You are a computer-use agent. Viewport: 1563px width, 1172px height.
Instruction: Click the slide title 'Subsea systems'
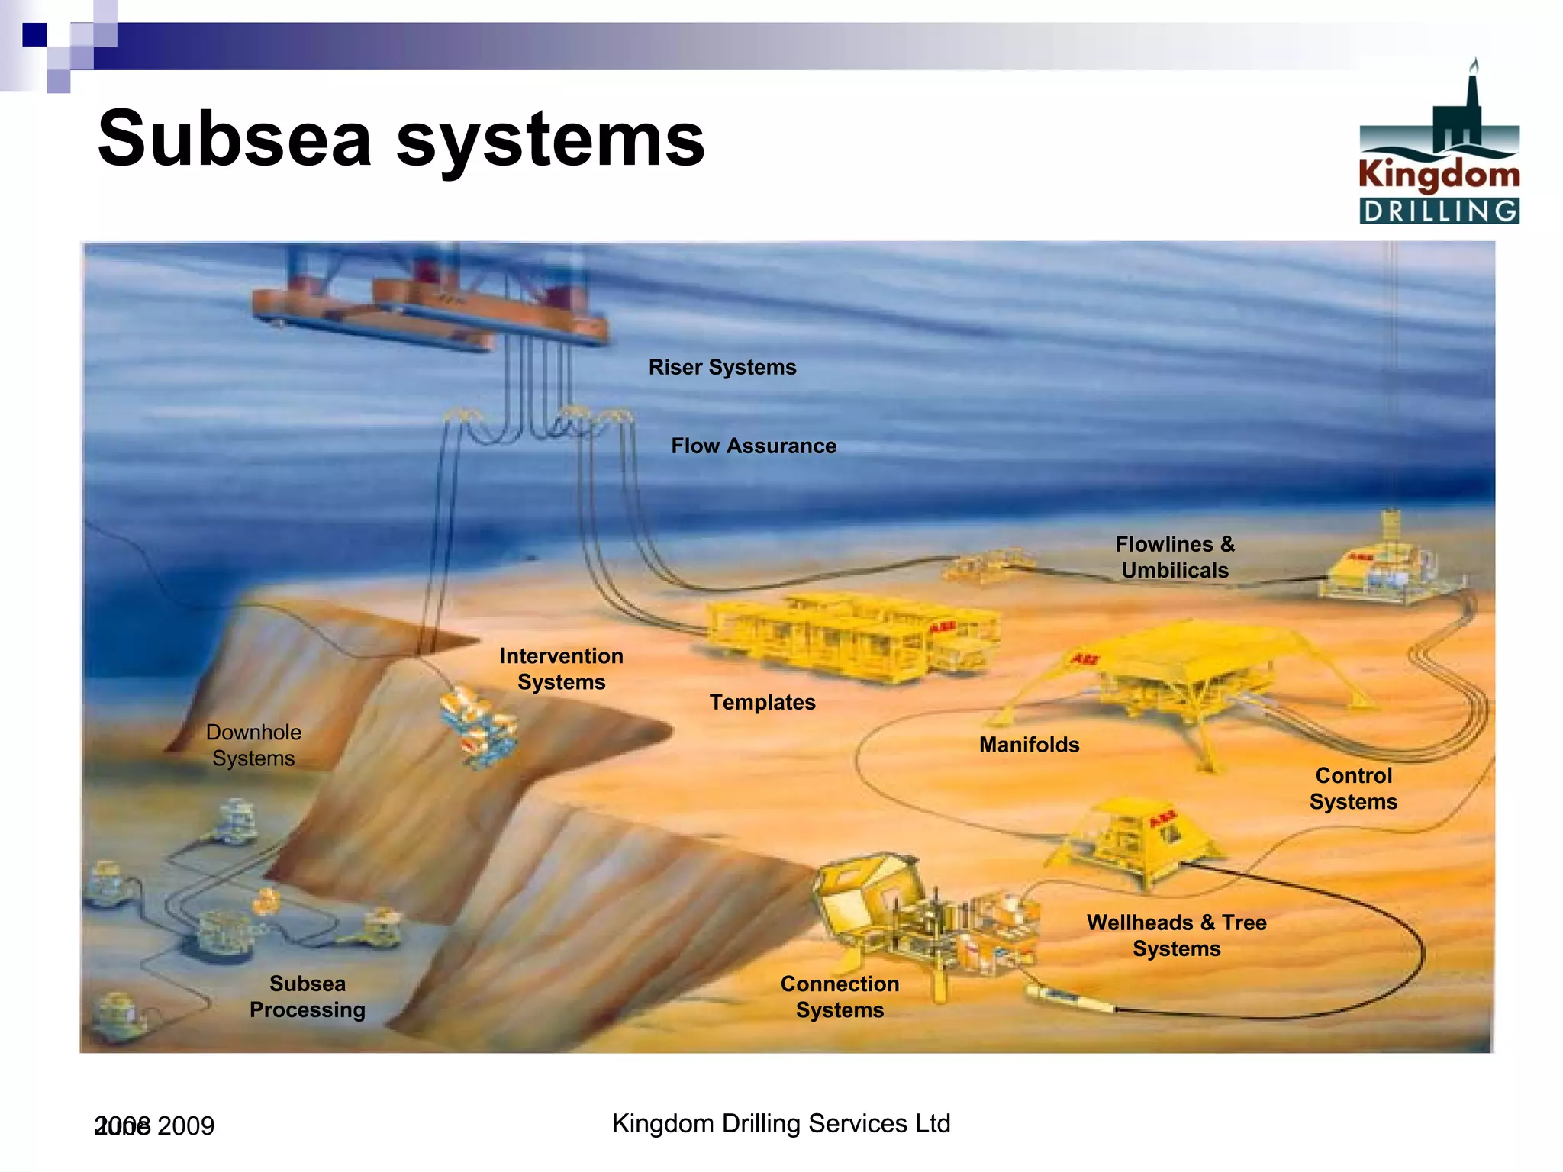point(401,139)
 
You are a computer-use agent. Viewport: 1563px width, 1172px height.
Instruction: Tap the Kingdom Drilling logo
point(1439,145)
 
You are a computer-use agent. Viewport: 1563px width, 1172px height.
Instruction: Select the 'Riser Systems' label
point(722,367)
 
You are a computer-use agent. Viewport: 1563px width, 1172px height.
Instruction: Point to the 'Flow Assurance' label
point(753,446)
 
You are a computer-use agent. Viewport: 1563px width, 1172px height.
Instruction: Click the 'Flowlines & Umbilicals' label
point(1175,557)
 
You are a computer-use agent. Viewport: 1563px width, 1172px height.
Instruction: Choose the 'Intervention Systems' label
point(561,668)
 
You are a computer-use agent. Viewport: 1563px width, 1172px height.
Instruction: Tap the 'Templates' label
point(762,702)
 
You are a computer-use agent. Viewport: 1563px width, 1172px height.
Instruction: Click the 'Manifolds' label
point(1029,745)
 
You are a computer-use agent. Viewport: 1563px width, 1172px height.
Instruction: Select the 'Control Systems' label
point(1353,788)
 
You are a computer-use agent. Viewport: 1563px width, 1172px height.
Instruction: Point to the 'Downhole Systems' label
point(253,745)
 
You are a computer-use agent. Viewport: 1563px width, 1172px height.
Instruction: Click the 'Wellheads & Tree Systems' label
point(1176,935)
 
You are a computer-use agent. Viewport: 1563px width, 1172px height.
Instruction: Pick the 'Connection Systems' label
point(840,997)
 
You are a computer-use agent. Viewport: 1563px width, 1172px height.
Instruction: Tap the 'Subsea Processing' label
point(308,997)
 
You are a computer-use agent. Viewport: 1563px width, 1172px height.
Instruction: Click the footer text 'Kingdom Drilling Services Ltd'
point(781,1123)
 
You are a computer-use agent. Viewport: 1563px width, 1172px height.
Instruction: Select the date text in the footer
point(155,1125)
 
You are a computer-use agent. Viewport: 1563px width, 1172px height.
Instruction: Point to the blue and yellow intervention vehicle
point(479,726)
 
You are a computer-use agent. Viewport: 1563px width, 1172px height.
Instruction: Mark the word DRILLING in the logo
point(1439,211)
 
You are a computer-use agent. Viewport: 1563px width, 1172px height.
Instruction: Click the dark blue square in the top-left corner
point(34,35)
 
